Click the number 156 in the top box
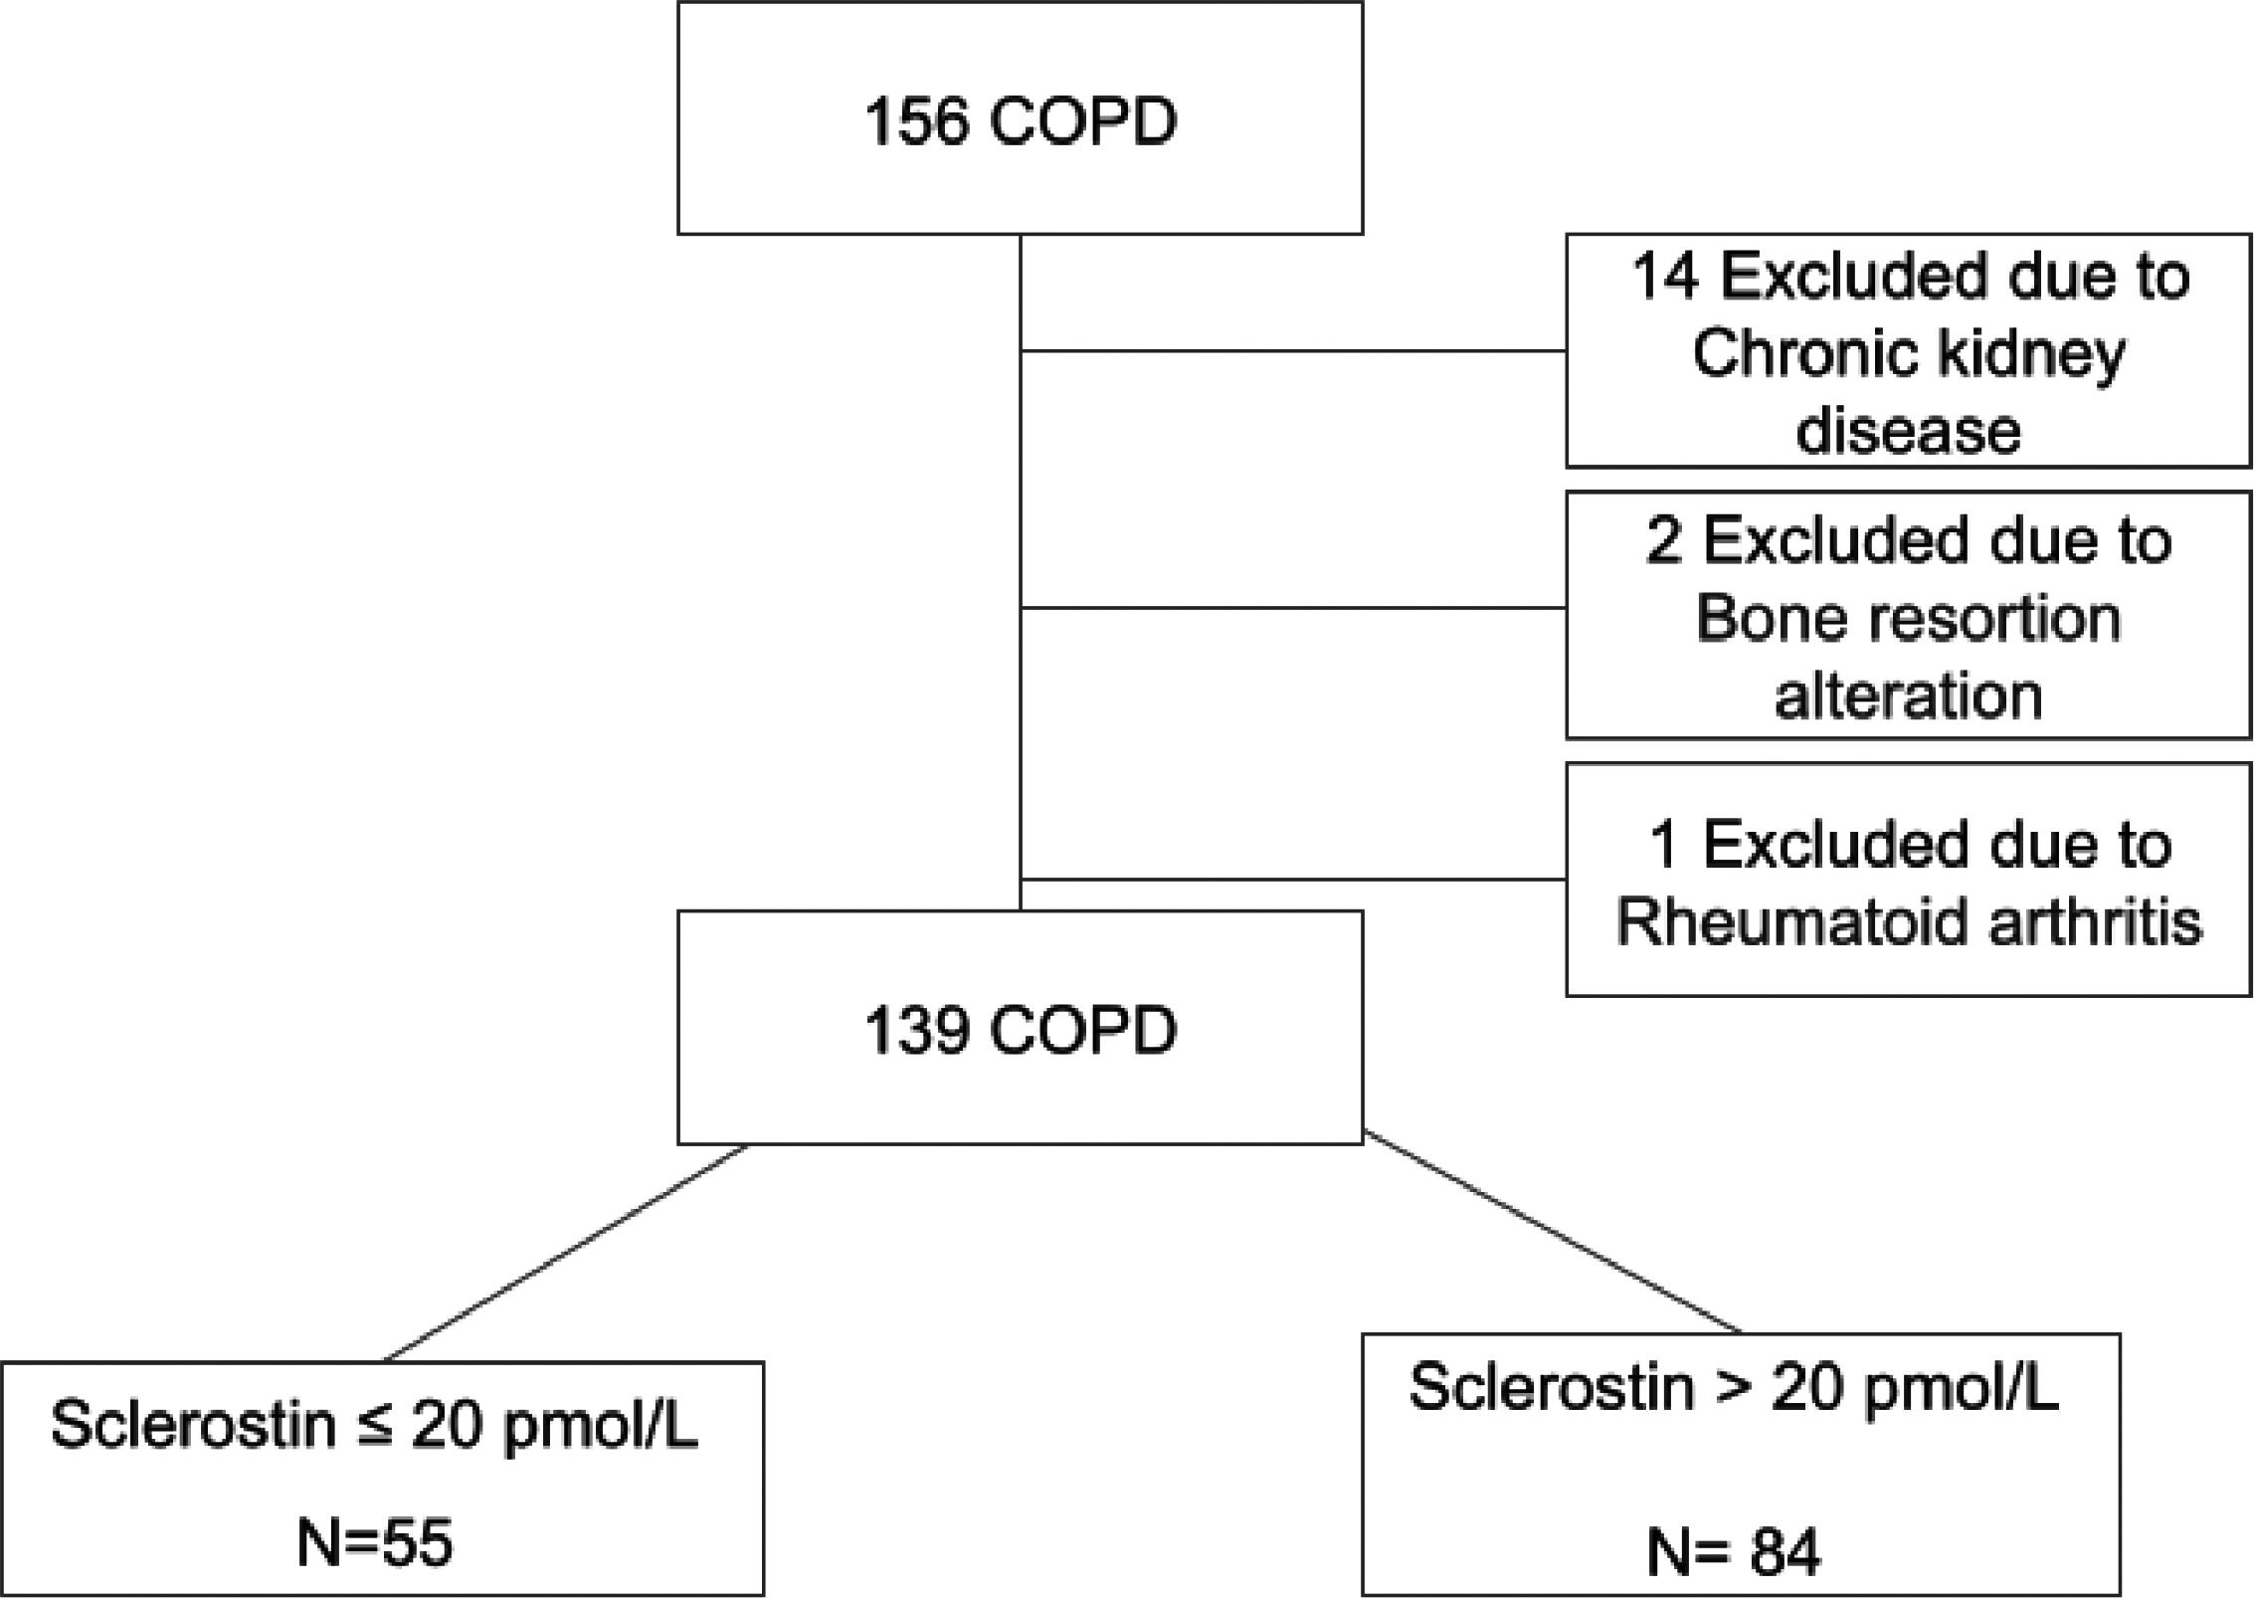pos(915,121)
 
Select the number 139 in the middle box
pos(915,1030)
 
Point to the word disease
pos(1908,431)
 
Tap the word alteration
pos(1908,695)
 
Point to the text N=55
pos(375,1542)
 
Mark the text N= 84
pos(1734,1551)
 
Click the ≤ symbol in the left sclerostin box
pos(374,1425)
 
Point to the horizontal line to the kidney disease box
pos(1293,350)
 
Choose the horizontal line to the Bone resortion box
pos(1293,607)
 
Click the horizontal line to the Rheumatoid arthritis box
pos(1293,880)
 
